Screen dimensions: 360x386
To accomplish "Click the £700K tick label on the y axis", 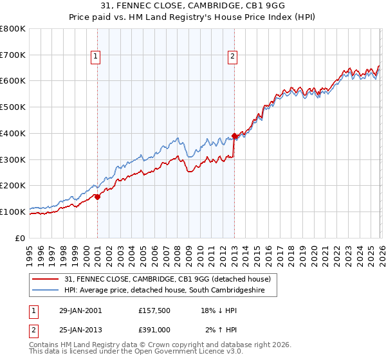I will click(13, 55).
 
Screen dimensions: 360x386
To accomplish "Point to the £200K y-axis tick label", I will click(13, 186).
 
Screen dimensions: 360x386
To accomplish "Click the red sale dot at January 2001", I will click(98, 197).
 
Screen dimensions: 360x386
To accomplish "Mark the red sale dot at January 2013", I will click(234, 136).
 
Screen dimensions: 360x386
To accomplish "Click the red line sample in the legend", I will click(46, 279).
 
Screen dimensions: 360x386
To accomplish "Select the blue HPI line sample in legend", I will click(46, 290).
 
